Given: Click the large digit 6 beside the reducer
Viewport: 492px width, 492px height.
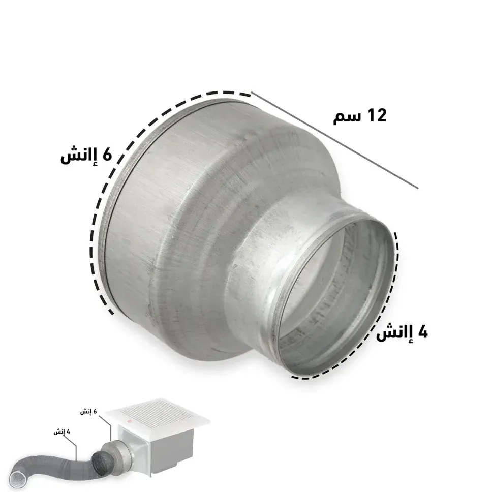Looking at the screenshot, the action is (107, 154).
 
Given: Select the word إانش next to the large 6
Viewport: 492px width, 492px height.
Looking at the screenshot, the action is (79, 156).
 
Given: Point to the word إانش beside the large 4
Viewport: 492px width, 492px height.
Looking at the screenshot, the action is (395, 333).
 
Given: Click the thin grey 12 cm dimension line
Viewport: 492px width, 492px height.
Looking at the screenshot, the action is (334, 140).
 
